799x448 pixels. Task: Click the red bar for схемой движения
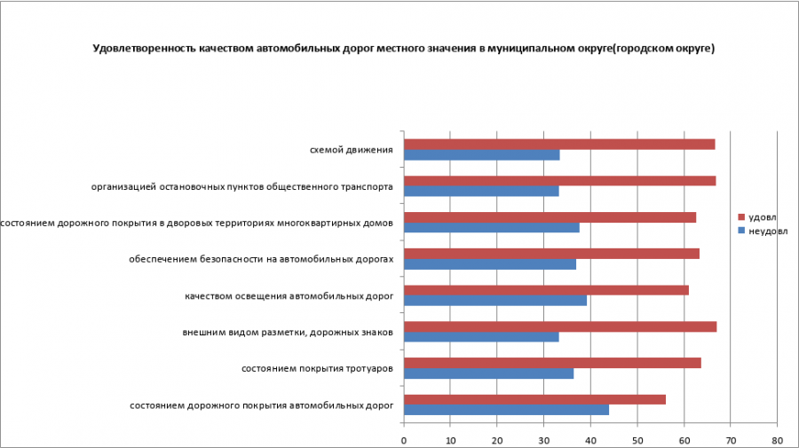tap(559, 145)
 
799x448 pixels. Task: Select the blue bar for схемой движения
tap(482, 155)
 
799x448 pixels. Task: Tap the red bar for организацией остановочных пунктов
tap(559, 181)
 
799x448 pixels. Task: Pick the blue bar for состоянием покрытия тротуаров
tap(489, 373)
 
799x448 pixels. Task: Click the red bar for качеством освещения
tap(546, 290)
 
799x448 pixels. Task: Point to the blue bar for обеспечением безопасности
tap(490, 263)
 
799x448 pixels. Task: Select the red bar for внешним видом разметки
tap(560, 326)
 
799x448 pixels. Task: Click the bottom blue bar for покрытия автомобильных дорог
tap(506, 410)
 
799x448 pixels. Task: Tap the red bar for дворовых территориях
tap(550, 217)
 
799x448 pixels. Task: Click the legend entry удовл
tap(762, 217)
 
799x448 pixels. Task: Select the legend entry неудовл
tap(765, 231)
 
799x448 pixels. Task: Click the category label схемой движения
tap(351, 150)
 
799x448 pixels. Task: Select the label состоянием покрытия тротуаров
tap(317, 368)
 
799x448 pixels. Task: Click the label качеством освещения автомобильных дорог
tap(289, 295)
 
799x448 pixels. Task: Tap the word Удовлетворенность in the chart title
tap(141, 49)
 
